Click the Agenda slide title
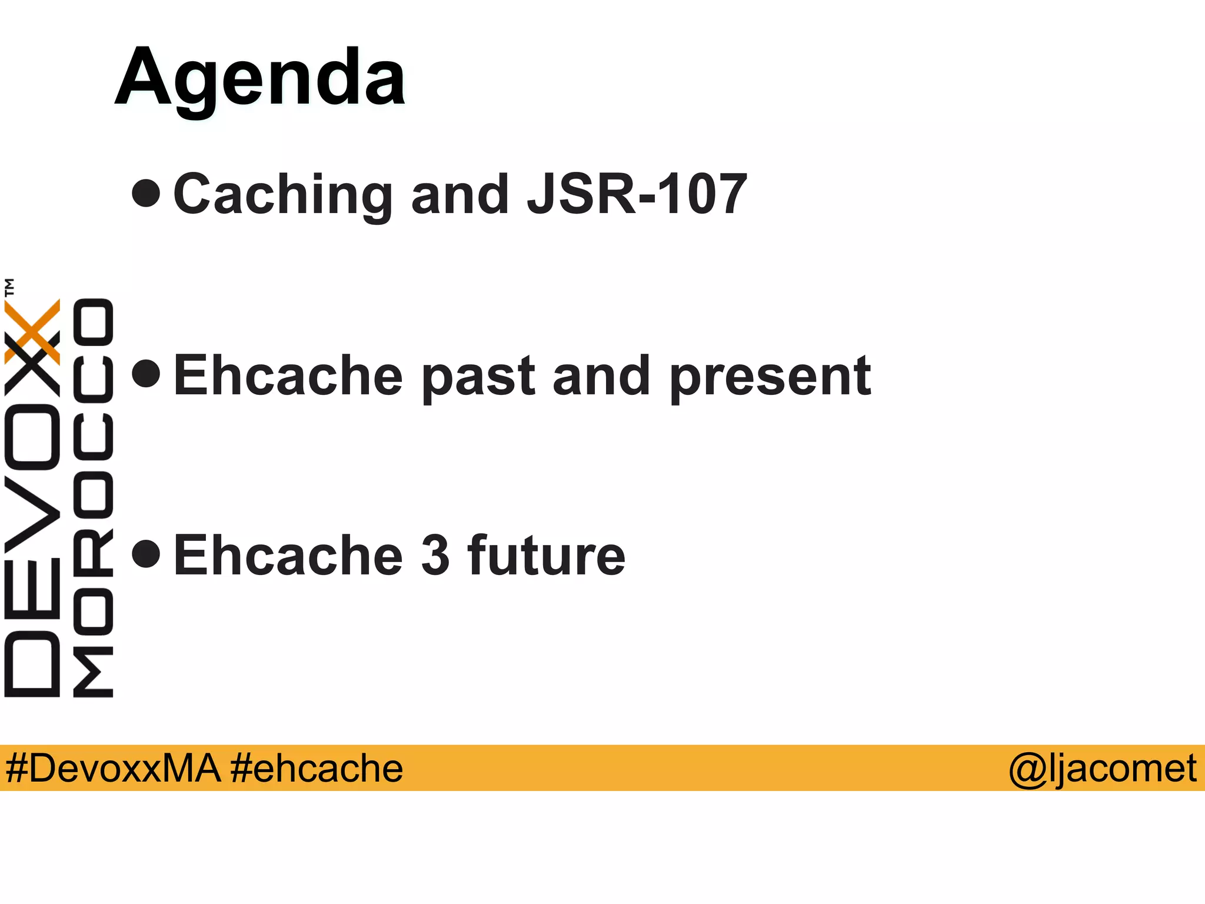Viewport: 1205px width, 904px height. click(x=260, y=78)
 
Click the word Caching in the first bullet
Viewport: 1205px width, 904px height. click(x=282, y=195)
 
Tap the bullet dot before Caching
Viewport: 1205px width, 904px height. click(x=146, y=193)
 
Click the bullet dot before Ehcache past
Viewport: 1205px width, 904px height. click(x=146, y=373)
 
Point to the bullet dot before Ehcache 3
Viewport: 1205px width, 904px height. click(x=146, y=553)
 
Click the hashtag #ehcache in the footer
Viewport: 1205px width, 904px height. click(x=317, y=768)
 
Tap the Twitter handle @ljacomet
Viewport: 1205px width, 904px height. click(x=1102, y=768)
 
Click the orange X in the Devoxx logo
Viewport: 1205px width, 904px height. click(x=33, y=331)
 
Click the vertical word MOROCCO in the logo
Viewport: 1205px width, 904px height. click(x=93, y=497)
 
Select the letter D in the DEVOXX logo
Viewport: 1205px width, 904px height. click(x=32, y=664)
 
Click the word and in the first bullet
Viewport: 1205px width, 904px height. click(x=460, y=195)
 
